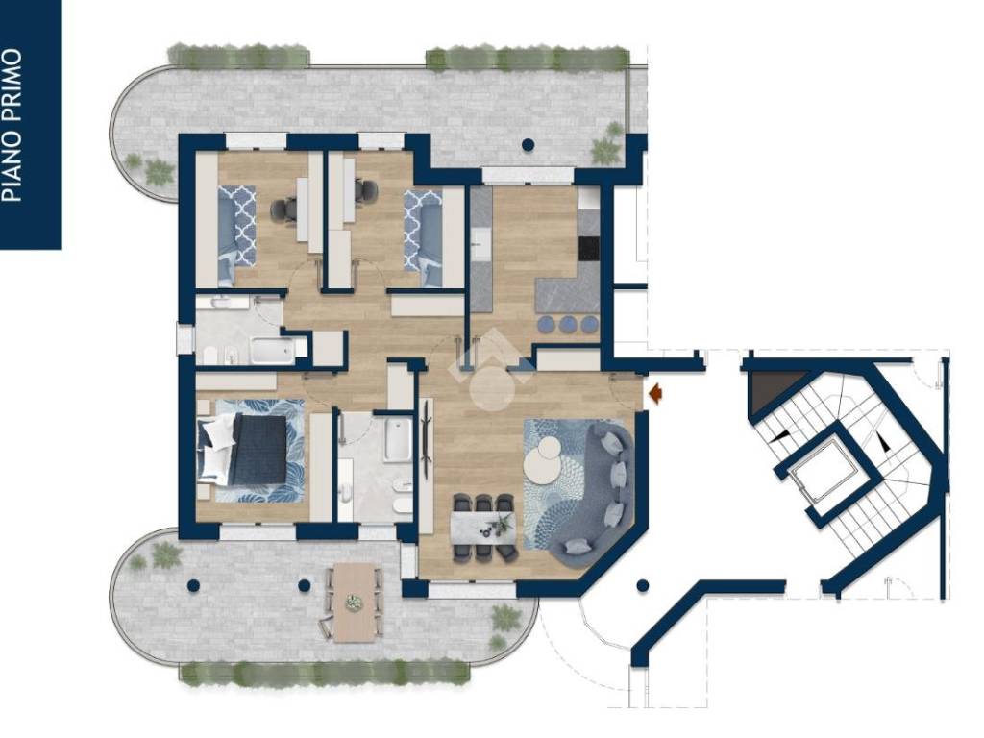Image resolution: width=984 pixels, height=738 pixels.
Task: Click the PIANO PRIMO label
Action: [x=13, y=126]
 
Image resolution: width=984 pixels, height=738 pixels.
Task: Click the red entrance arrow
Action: [x=655, y=393]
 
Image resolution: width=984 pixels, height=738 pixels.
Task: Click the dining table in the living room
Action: [x=483, y=528]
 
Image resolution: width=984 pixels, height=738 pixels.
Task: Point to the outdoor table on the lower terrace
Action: [x=354, y=603]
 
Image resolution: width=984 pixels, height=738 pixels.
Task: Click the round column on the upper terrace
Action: [x=529, y=145]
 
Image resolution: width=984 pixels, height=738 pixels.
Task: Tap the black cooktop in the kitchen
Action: [x=589, y=248]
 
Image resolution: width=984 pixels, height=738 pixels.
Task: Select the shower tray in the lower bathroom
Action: [x=399, y=440]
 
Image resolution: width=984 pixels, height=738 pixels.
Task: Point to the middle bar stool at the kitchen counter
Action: [x=569, y=325]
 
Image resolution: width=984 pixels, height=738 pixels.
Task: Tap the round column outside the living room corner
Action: [x=643, y=585]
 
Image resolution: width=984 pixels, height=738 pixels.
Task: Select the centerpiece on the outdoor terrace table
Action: [x=355, y=603]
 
